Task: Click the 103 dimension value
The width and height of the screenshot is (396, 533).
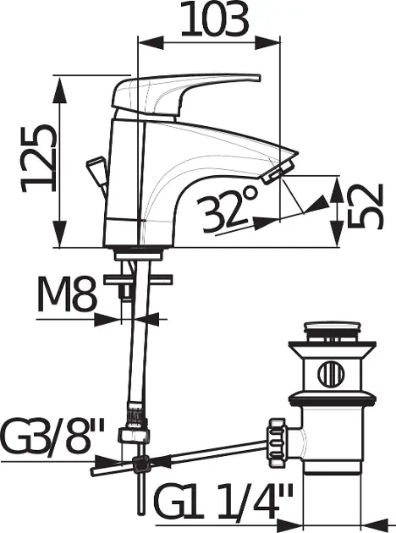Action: (x=214, y=19)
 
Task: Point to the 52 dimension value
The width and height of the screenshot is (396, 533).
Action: (x=366, y=206)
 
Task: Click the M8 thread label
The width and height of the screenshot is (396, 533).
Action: (x=67, y=294)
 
